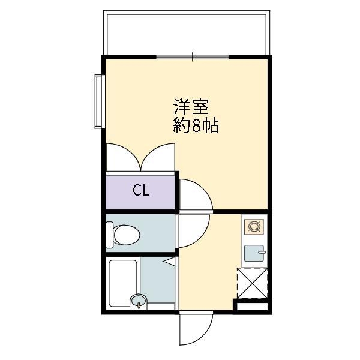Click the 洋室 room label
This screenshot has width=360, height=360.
coord(191,107)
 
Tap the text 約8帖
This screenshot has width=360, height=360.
coord(196,126)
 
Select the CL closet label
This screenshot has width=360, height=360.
coord(141,191)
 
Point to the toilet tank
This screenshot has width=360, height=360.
coord(109,234)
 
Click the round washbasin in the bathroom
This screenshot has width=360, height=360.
coord(139,301)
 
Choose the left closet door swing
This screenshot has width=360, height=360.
coord(124,157)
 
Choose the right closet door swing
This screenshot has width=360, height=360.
coord(157,157)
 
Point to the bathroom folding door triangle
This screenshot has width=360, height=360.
coord(170,262)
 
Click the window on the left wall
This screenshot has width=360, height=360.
coord(98,100)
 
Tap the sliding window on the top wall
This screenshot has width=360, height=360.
coord(192,58)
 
